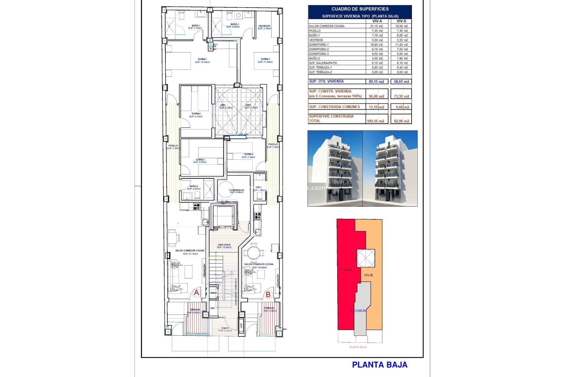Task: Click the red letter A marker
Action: pyautogui.click(x=196, y=293)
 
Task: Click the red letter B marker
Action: pyautogui.click(x=268, y=294)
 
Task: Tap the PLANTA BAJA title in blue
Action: pyautogui.click(x=380, y=365)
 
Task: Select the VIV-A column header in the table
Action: pyautogui.click(x=377, y=21)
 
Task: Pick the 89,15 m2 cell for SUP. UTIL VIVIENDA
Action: pyautogui.click(x=376, y=82)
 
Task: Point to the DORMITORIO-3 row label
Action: pyautogui.click(x=319, y=54)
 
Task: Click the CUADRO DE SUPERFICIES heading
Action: pyautogui.click(x=360, y=9)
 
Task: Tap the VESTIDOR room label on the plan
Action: pyautogui.click(x=264, y=26)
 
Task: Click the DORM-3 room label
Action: pyautogui.click(x=200, y=160)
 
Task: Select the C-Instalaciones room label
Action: pyautogui.click(x=236, y=190)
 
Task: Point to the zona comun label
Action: pyautogui.click(x=224, y=245)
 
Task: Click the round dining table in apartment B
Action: pyautogui.click(x=253, y=253)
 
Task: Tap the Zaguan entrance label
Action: pyautogui.click(x=225, y=328)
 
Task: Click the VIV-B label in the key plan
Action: pyautogui.click(x=368, y=275)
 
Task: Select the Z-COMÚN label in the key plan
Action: pyautogui.click(x=358, y=311)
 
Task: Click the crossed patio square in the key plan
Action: pyautogui.click(x=366, y=258)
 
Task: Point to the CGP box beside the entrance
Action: pyautogui.click(x=241, y=325)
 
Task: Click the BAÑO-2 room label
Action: pyautogui.click(x=194, y=186)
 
